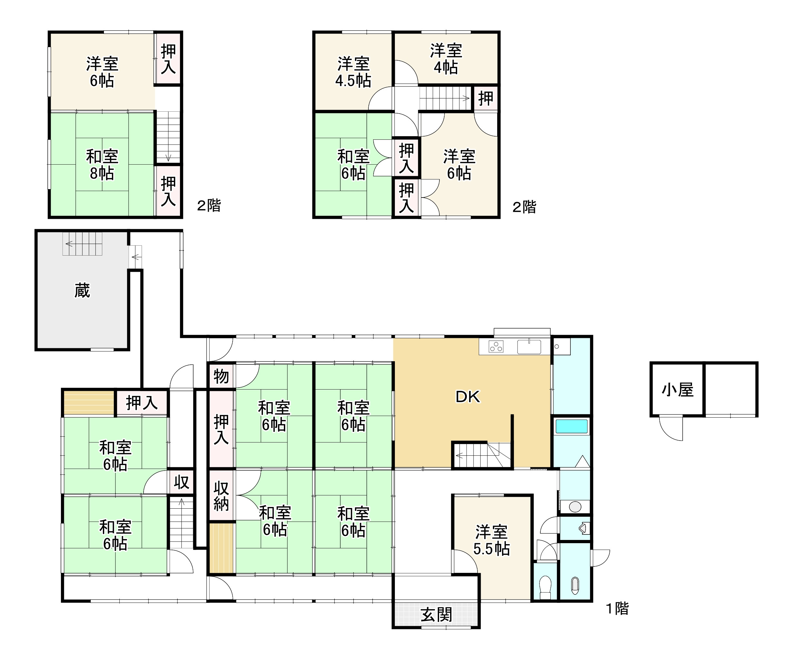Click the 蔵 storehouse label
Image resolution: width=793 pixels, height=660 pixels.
[82, 291]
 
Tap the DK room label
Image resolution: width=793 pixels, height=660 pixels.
[468, 397]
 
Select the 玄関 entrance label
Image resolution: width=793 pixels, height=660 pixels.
[436, 615]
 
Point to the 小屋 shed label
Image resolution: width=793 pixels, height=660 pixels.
[678, 390]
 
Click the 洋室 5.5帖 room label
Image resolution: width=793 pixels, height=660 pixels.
[492, 540]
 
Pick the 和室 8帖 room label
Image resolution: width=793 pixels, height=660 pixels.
[102, 165]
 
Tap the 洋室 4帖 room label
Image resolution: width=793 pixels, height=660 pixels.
[446, 59]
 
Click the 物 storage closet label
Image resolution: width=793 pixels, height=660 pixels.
[221, 376]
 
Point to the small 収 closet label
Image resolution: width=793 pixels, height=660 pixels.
[181, 482]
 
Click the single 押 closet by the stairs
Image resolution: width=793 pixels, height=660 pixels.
[486, 99]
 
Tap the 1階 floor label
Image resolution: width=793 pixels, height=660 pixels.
[617, 608]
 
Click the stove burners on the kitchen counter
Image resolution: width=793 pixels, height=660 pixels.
[496, 346]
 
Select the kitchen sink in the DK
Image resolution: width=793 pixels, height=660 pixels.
[529, 346]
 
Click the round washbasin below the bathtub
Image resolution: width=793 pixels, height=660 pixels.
[575, 507]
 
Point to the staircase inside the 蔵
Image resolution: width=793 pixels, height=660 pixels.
[82, 244]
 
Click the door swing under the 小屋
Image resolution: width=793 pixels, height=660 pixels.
[671, 428]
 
